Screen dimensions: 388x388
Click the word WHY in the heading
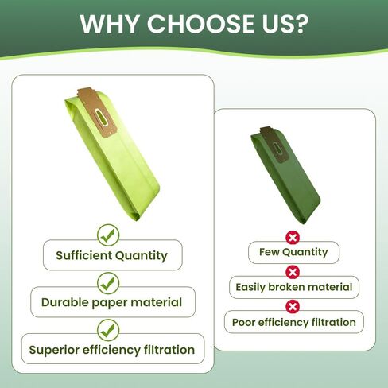110,24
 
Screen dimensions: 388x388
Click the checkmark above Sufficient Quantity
108,235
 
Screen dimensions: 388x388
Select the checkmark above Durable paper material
108,283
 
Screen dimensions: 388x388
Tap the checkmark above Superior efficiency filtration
108,330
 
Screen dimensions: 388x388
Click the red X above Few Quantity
293,238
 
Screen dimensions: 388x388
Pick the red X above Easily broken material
293,272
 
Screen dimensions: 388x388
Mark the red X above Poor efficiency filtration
293,307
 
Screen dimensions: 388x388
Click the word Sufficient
84,255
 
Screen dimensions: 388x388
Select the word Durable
64,302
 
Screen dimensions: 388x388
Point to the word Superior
54,351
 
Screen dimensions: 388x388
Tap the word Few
269,252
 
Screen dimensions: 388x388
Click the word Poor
243,323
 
